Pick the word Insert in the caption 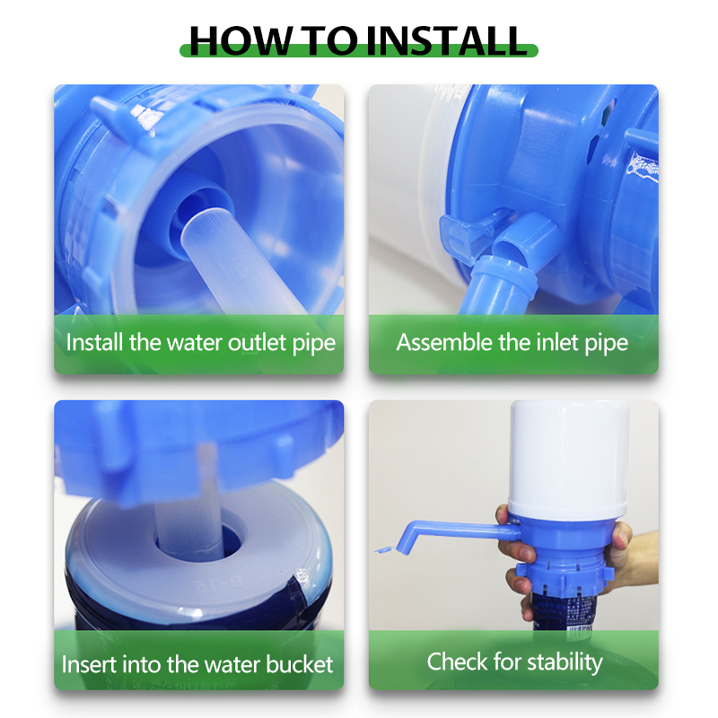tap(89, 665)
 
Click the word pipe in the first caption tap(310, 343)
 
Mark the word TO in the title tap(328, 39)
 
